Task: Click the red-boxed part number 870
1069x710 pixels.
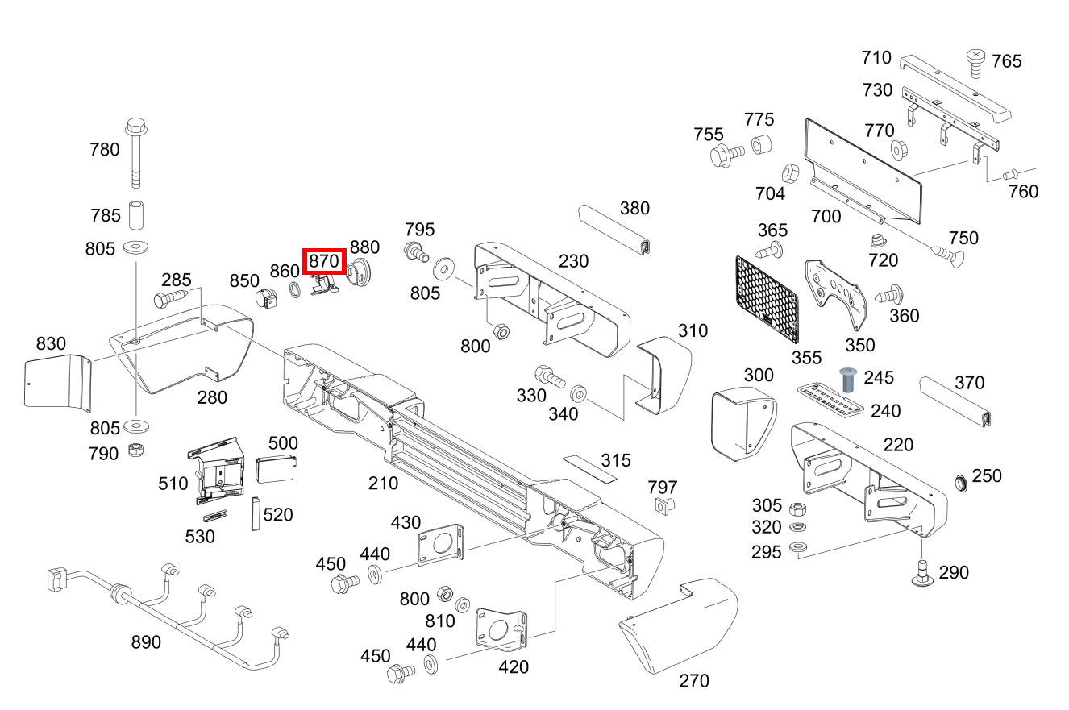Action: (324, 261)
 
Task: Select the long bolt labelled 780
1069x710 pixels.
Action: (136, 152)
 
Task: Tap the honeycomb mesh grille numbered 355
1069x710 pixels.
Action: (767, 299)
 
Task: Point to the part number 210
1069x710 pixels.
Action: (383, 484)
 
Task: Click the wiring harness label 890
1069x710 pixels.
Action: (146, 642)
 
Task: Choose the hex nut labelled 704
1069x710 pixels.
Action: (790, 173)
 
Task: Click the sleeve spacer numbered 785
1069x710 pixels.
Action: (136, 215)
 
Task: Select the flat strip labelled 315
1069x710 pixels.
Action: (590, 469)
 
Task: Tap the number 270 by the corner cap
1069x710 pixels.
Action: (694, 681)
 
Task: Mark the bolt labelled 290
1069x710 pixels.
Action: (922, 573)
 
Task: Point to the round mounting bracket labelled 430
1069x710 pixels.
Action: (440, 545)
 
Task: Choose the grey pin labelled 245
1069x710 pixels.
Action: (848, 380)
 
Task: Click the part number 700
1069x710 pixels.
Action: (826, 217)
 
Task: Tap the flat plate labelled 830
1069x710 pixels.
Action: (58, 382)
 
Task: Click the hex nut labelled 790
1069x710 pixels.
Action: (136, 450)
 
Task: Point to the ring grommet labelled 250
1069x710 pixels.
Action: (961, 483)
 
